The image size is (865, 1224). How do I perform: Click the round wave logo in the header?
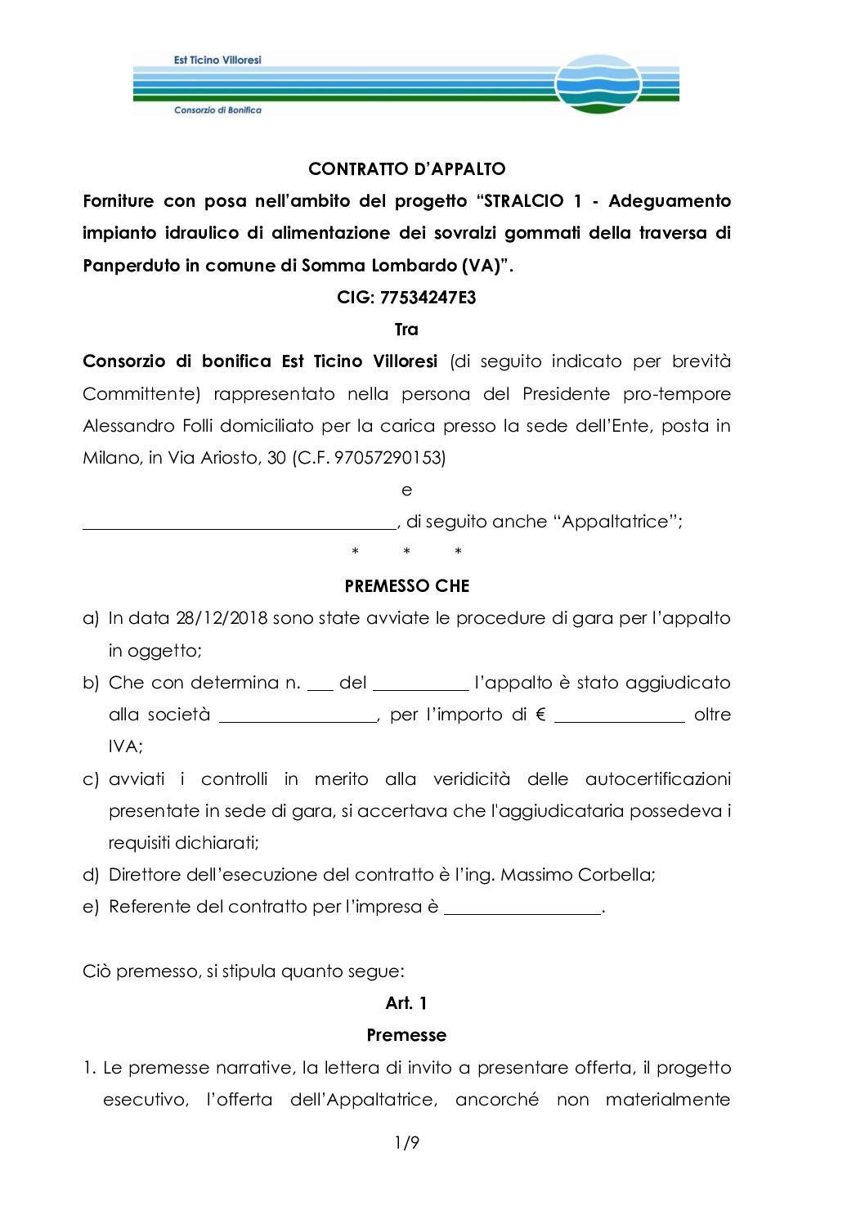(x=598, y=84)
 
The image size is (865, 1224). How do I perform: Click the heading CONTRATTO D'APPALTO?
(x=406, y=169)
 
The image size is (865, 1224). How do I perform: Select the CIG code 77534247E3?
(x=428, y=298)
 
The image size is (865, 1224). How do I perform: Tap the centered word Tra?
(x=406, y=330)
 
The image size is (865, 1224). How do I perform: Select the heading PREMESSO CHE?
(x=406, y=586)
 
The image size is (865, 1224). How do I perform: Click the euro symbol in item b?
(x=540, y=715)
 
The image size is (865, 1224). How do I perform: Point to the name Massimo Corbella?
(x=577, y=875)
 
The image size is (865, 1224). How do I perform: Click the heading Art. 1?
(x=406, y=1003)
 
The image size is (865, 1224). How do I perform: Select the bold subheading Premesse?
(x=406, y=1035)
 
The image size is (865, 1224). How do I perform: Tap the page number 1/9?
(x=406, y=1142)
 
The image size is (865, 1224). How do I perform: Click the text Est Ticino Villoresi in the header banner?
(x=217, y=60)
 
